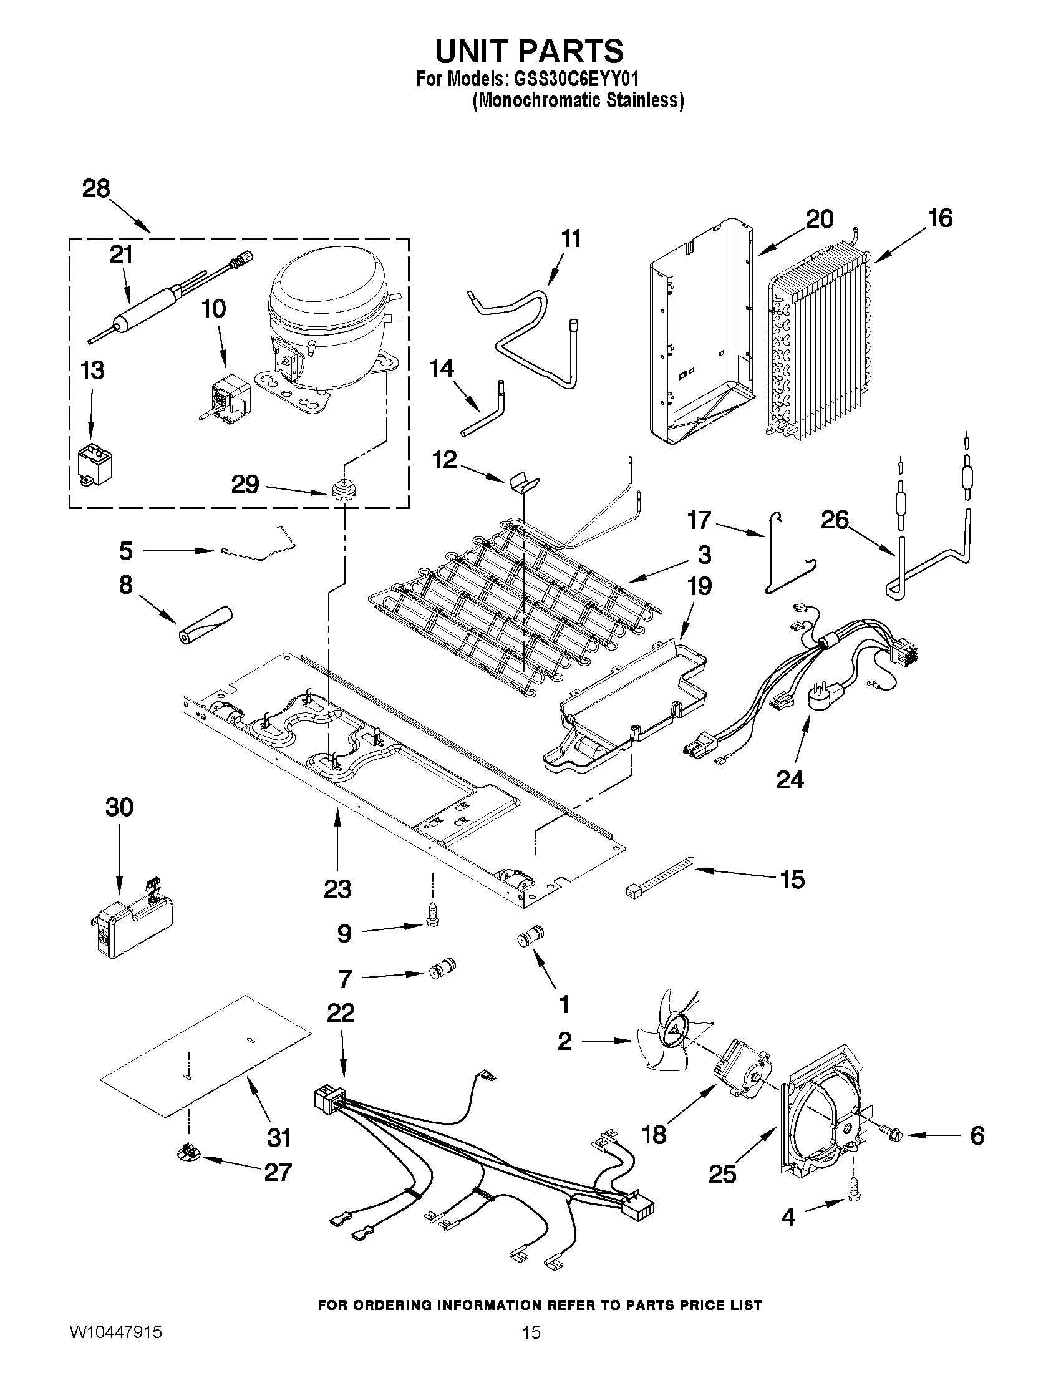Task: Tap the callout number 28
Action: (x=96, y=188)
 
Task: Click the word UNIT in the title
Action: (x=475, y=52)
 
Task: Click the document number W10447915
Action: (x=115, y=1332)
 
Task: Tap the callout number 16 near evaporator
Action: (x=940, y=218)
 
